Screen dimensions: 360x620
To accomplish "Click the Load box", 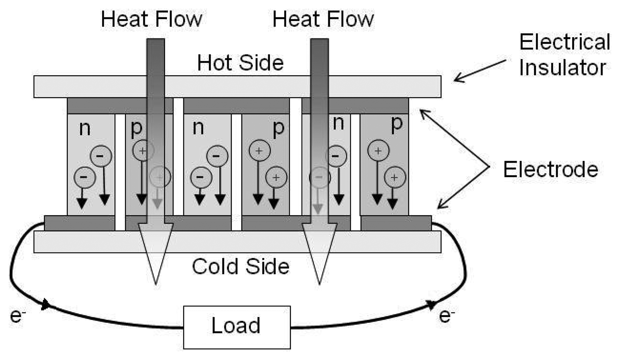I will pyautogui.click(x=237, y=327).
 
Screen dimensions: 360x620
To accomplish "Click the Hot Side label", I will pyautogui.click(x=240, y=63).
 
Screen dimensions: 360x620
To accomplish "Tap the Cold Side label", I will pyautogui.click(x=240, y=267).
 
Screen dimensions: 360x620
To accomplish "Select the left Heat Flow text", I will pyautogui.click(x=151, y=19).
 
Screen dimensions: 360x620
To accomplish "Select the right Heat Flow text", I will pyautogui.click(x=323, y=19).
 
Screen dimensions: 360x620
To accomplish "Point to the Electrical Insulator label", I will pyautogui.click(x=564, y=55).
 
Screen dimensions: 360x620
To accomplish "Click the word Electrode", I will pyautogui.click(x=551, y=170).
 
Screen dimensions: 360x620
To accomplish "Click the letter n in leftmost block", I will pyautogui.click(x=85, y=129).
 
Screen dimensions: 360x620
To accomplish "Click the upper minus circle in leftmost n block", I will pyautogui.click(x=101, y=156).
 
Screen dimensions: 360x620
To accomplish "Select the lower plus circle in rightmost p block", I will pyautogui.click(x=395, y=177).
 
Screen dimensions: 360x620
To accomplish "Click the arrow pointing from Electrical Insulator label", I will pyautogui.click(x=479, y=71).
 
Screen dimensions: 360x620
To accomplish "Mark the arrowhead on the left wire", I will pyautogui.click(x=46, y=304).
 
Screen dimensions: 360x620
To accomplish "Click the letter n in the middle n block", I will pyautogui.click(x=198, y=128).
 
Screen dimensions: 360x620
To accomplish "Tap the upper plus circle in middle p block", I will pyautogui.click(x=259, y=151).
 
